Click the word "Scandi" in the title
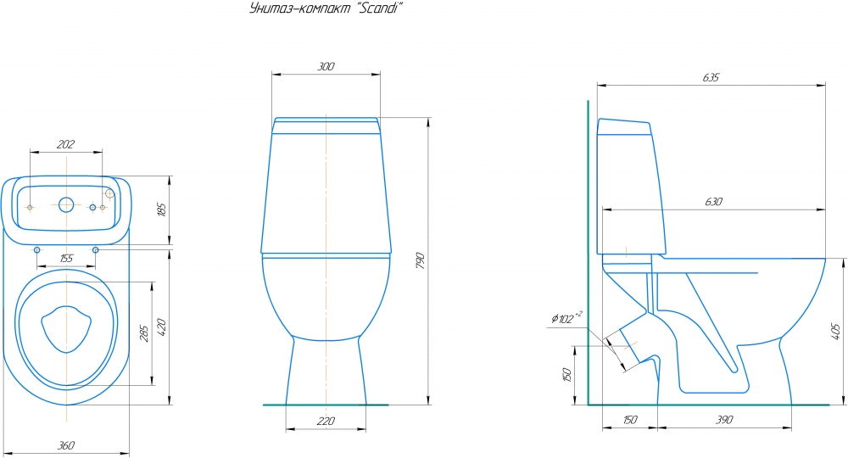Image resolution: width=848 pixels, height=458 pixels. [375, 9]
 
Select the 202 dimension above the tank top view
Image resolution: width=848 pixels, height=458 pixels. [65, 144]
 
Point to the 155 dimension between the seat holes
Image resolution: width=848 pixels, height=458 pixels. [65, 259]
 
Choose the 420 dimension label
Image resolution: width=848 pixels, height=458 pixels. [161, 327]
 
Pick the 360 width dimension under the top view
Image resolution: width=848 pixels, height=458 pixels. [65, 445]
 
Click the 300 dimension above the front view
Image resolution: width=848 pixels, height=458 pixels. [326, 66]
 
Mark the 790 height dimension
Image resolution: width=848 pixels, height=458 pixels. [419, 262]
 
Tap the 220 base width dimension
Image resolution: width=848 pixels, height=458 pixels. [326, 421]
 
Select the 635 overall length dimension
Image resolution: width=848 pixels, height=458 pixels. [711, 77]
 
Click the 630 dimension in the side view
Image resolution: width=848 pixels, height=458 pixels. [714, 202]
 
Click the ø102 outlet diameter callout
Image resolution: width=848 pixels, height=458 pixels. [566, 319]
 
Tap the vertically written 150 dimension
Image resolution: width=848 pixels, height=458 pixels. [566, 373]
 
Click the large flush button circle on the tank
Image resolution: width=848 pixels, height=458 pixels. [65, 204]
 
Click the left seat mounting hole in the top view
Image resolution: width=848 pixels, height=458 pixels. [36, 249]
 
